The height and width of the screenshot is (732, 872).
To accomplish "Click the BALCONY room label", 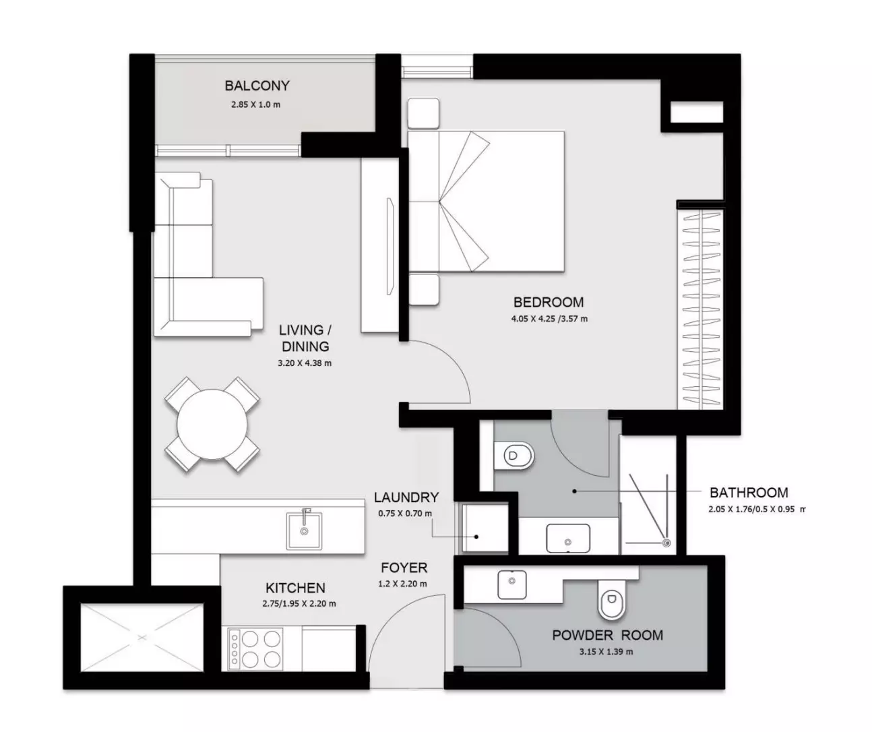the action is (257, 86).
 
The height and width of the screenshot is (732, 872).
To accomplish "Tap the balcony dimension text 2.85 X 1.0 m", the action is (255, 104).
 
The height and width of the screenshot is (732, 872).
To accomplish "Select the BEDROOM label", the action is (549, 302).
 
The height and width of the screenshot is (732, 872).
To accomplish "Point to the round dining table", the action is (212, 425).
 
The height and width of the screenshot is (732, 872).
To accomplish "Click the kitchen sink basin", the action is (304, 530).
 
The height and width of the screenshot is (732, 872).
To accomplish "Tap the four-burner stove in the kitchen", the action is (255, 649).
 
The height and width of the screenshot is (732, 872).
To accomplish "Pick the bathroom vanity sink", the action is (568, 538).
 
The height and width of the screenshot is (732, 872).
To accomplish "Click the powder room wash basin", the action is (512, 585).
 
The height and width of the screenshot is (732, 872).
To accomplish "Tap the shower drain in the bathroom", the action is (666, 543).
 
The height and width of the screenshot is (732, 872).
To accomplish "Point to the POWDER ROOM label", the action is (608, 635).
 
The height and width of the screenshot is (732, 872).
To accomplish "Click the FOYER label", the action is (404, 568).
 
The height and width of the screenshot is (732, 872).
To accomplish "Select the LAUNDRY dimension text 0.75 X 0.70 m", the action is (405, 514).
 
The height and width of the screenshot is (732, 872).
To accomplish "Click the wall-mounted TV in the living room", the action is (390, 247).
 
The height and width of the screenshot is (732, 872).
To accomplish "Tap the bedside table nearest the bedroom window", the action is (423, 113).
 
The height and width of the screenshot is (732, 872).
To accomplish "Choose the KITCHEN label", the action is (295, 588).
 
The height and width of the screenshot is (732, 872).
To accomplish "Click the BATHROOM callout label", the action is (749, 493).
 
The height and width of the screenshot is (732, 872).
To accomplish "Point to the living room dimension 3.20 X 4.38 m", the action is (305, 363).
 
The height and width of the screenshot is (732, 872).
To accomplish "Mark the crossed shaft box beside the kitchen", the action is (142, 638).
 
